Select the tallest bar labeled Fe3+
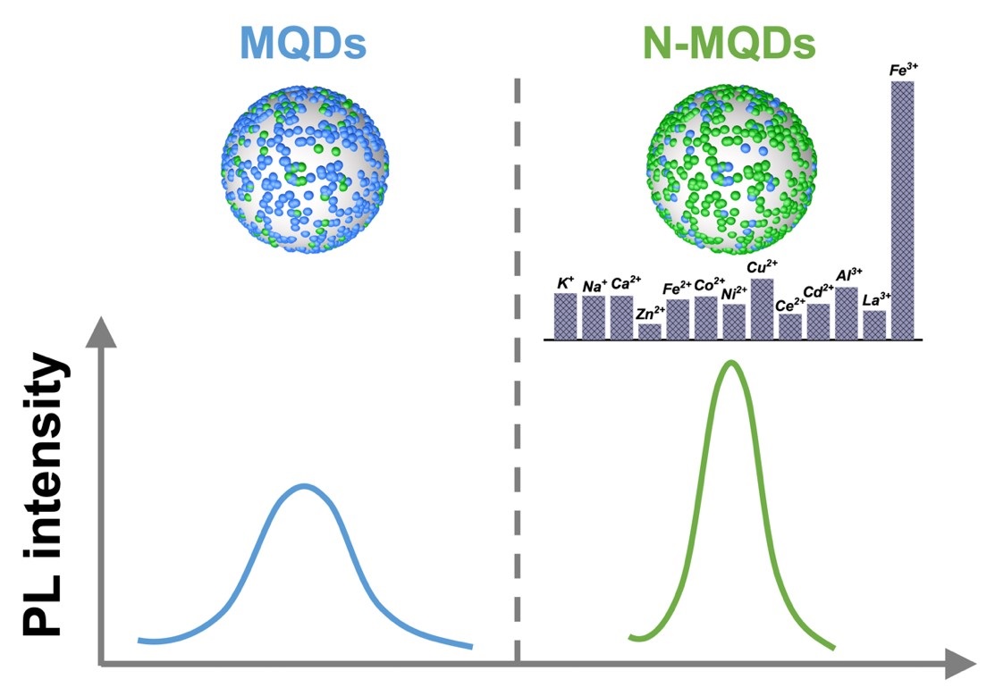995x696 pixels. [901, 210]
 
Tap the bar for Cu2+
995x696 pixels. [762, 309]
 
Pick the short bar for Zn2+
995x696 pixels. [650, 331]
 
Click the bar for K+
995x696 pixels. [565, 316]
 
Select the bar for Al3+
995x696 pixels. [846, 313]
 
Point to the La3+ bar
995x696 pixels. [874, 325]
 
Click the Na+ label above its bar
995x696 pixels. [594, 286]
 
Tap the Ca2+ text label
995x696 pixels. [623, 284]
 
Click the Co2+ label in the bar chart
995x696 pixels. [709, 286]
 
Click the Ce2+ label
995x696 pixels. [789, 305]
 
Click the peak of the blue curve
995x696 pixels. [304, 486]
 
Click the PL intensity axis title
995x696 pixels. [45, 496]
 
